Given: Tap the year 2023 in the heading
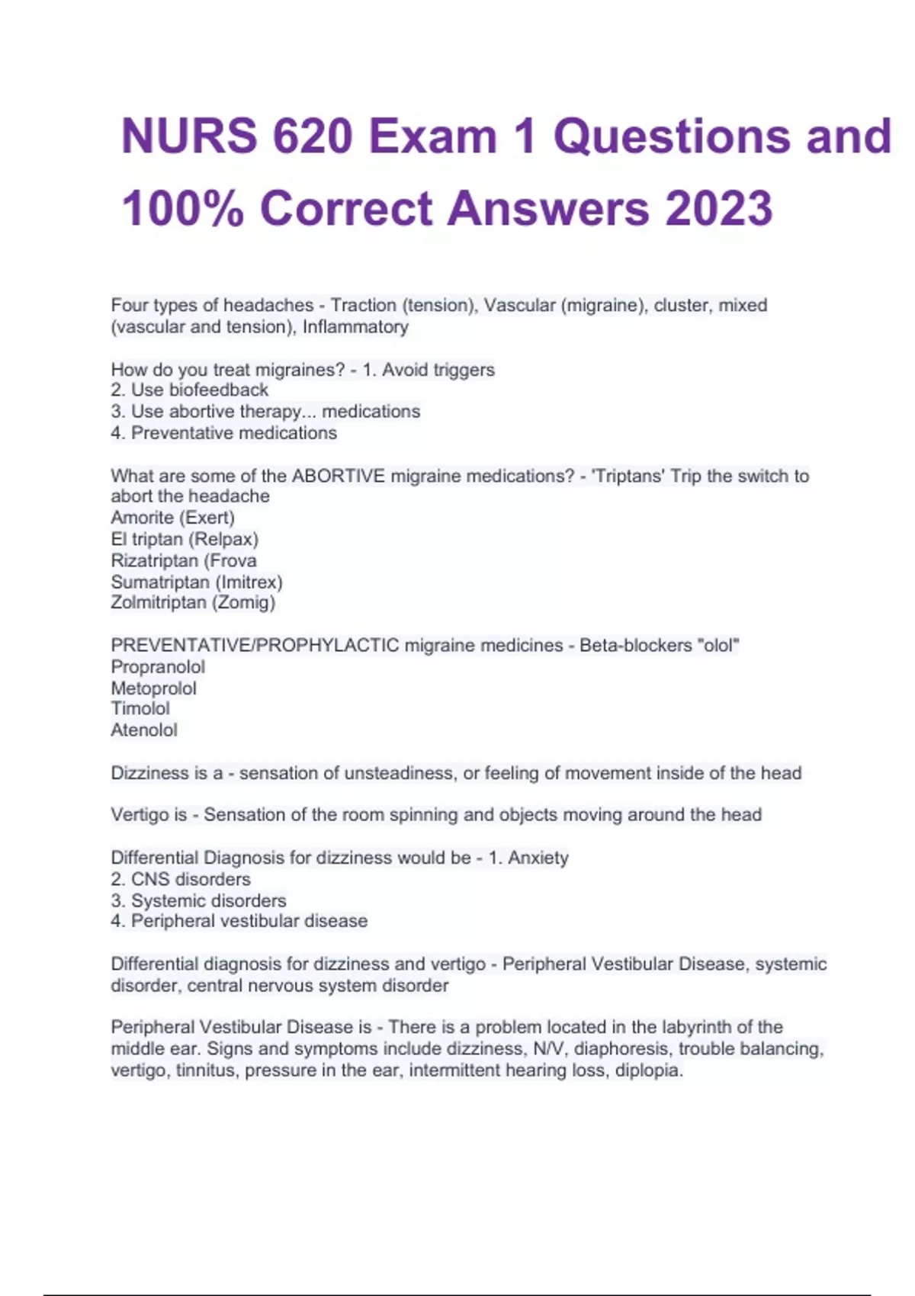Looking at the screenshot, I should tap(719, 208).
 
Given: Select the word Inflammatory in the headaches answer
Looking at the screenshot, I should tap(355, 327).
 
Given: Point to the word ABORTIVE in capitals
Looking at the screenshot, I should tap(339, 476).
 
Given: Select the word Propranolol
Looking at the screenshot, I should tap(158, 667).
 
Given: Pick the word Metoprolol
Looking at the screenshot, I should tap(153, 688).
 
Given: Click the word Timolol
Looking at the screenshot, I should tap(140, 708).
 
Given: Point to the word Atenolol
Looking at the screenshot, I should tap(144, 730).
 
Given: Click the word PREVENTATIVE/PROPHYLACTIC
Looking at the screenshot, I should tap(255, 646).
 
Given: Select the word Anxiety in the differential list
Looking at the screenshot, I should tap(538, 858).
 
